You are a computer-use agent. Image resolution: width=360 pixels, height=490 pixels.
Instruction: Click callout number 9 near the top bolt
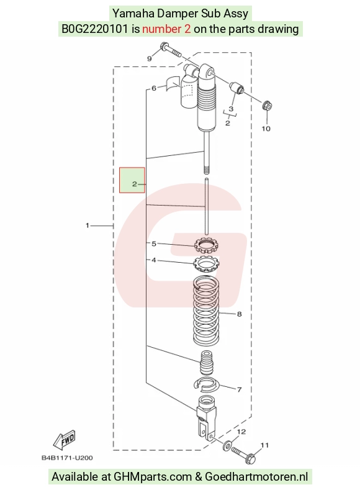tap(149, 59)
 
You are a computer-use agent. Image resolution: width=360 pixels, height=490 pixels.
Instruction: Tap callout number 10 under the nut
tap(266, 129)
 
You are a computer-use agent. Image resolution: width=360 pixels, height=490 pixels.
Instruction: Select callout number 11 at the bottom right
tap(265, 445)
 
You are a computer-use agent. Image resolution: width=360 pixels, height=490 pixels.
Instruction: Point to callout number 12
tap(241, 432)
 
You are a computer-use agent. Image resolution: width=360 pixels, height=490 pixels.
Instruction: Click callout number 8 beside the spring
tap(240, 314)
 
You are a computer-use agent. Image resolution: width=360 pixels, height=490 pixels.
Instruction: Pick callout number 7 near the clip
tap(240, 389)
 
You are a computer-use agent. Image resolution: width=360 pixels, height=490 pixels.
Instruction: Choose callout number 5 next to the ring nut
tap(153, 243)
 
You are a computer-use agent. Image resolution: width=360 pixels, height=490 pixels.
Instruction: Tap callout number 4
tap(153, 260)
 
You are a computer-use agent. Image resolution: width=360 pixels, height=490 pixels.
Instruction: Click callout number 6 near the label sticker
tap(153, 88)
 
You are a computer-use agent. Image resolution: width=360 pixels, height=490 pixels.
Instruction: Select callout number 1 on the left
tap(88, 225)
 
